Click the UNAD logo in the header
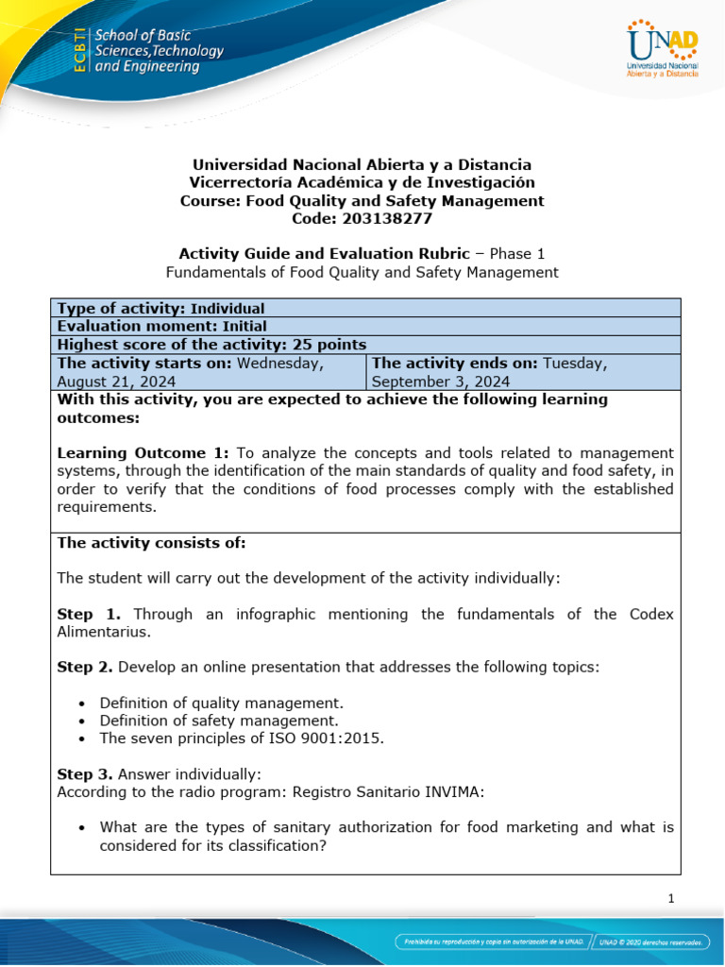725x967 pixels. point(662,50)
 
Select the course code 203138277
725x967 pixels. point(362,218)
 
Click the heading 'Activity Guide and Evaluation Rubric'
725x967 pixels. point(324,253)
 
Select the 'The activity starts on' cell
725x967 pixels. point(208,372)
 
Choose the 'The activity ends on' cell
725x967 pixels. point(522,372)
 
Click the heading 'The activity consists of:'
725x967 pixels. point(151,542)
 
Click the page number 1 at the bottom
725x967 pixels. point(671,899)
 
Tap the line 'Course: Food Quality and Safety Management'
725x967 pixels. point(362,200)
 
